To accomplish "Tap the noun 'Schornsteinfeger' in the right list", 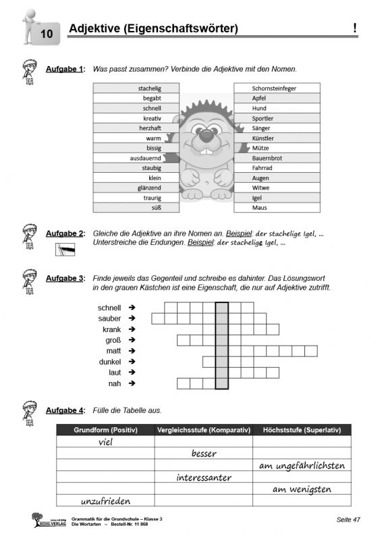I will tap(274, 88).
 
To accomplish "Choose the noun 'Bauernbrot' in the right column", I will tap(267, 158).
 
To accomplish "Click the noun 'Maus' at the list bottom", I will tap(259, 208).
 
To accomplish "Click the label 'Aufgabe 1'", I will tap(64, 70).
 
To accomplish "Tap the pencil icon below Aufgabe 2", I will tap(65, 250).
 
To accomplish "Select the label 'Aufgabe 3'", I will tap(64, 278).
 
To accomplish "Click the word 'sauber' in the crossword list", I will tap(109, 318).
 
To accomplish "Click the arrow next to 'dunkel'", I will tap(132, 362).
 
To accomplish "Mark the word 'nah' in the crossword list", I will tap(115, 383).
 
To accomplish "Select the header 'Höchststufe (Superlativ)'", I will tap(301, 430).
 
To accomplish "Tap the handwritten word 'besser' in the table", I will tap(204, 454).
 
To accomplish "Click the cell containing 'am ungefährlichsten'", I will tap(301, 466).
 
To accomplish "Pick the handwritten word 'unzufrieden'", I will tap(105, 501).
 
